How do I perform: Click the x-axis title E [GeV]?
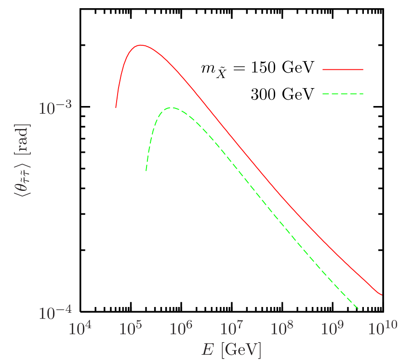point(231,349)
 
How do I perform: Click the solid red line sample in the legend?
point(343,69)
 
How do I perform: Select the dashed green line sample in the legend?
point(343,93)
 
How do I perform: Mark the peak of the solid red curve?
point(140,45)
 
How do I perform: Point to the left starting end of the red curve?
point(116,107)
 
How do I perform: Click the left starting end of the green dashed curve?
point(146,171)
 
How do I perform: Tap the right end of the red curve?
point(382,295)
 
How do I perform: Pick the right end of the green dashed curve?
point(359,308)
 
